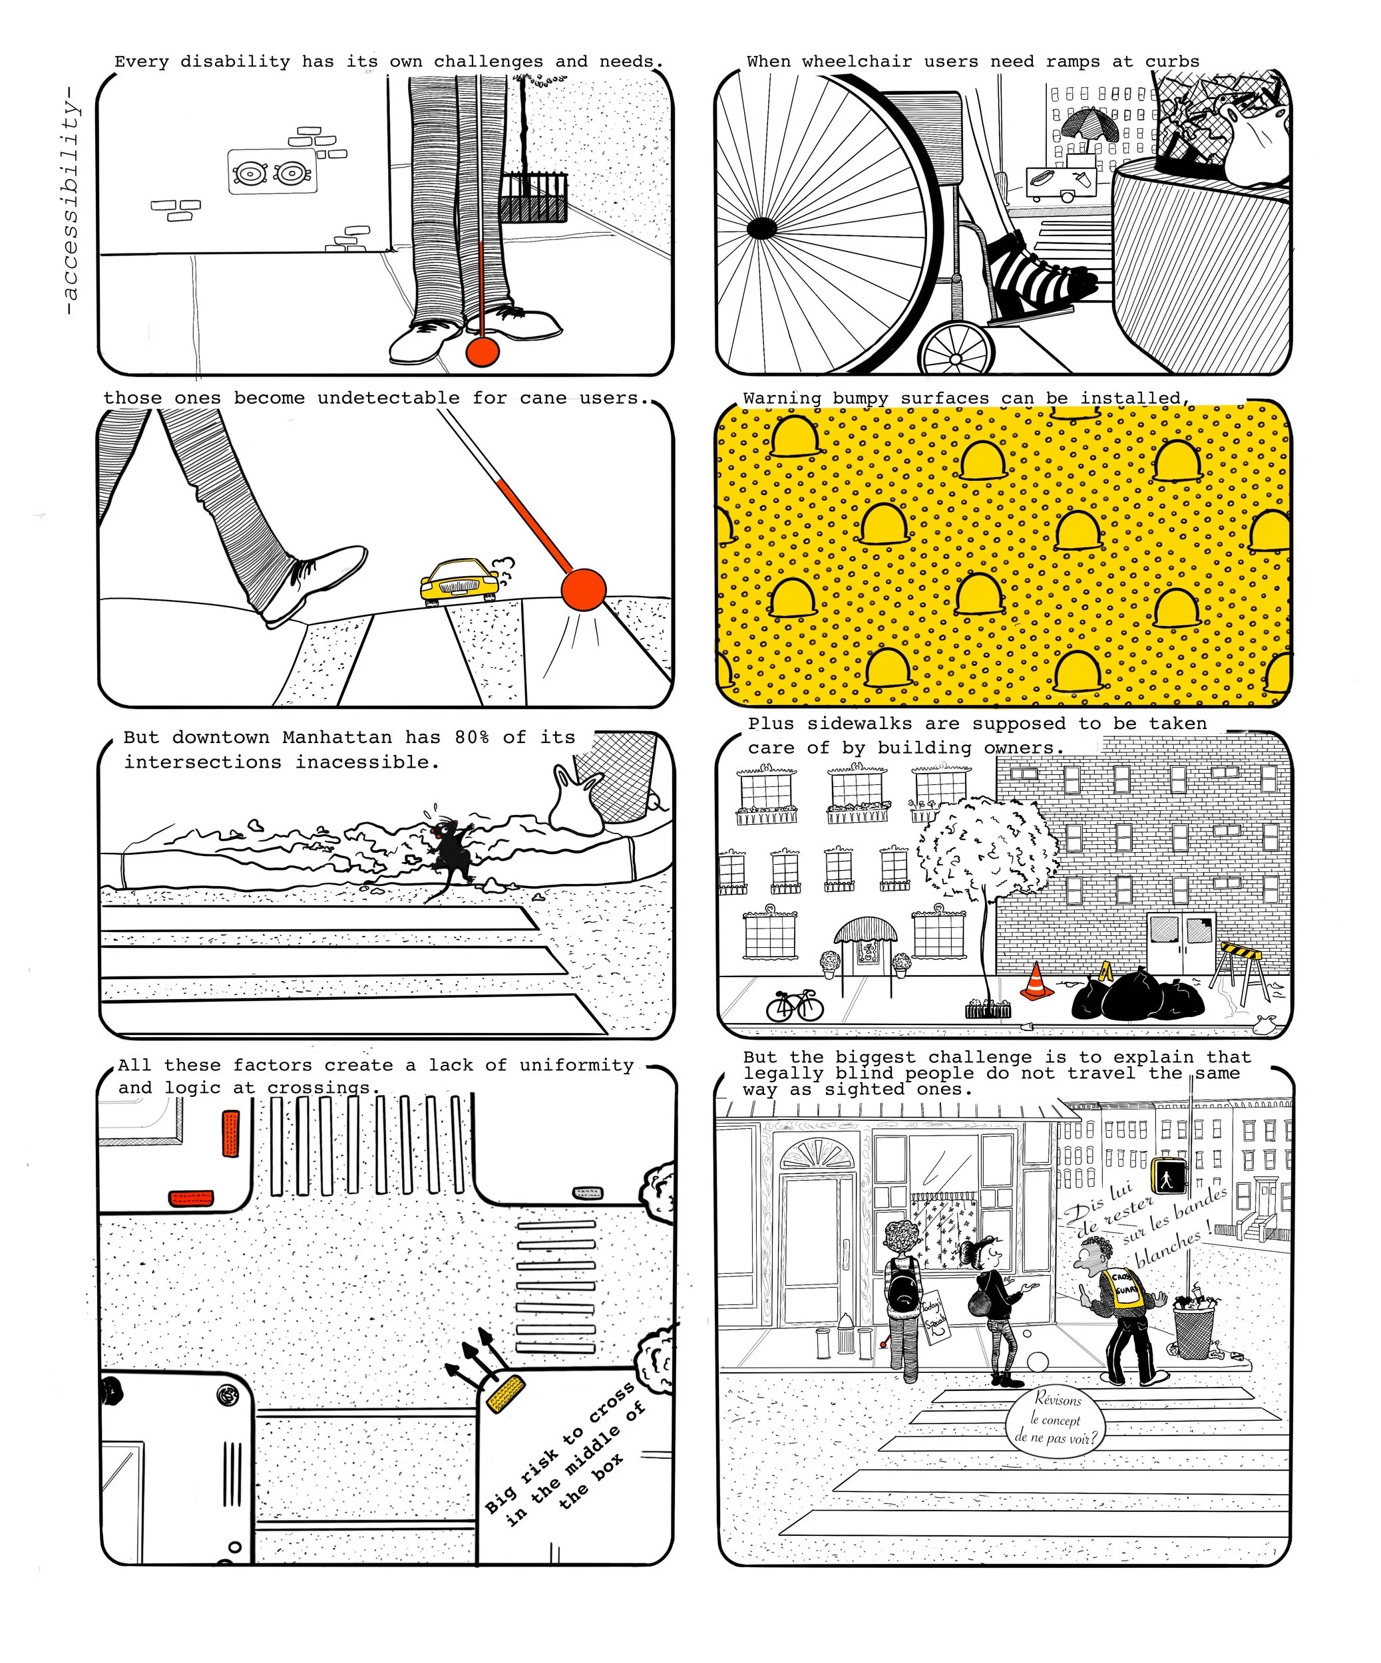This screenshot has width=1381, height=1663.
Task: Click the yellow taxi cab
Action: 458,583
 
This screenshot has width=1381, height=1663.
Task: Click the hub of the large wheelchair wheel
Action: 761,229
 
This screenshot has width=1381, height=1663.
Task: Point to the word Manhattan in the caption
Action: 337,737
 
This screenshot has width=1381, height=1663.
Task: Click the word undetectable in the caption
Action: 388,398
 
